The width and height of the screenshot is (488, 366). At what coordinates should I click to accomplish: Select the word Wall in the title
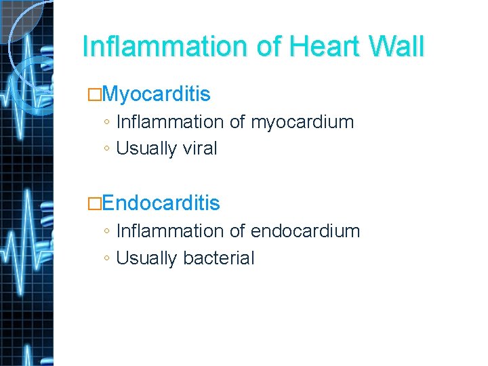pos(397,47)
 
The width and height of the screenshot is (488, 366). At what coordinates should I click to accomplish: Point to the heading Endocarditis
pos(162,203)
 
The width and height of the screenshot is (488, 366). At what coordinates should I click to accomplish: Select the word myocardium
pos(302,123)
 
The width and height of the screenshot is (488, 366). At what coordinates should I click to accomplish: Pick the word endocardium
pos(306,231)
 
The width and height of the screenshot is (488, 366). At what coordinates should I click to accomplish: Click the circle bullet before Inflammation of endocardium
pos(108,232)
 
